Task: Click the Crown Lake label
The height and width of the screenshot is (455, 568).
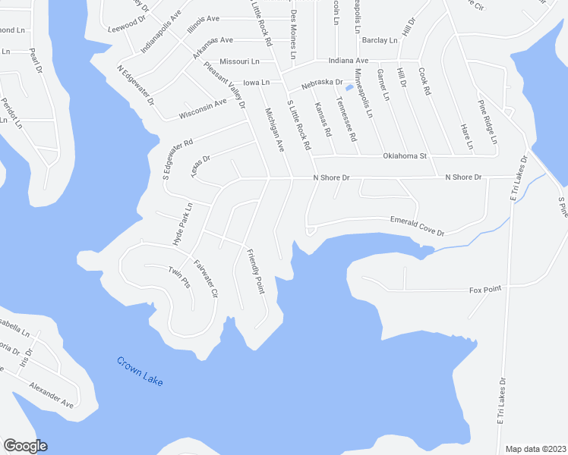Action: (140, 372)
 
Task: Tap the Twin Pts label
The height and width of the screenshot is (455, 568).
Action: (178, 278)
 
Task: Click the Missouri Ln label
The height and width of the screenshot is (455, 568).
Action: (239, 61)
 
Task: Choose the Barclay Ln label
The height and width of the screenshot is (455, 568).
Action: (380, 39)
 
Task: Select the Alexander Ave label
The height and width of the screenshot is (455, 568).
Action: (51, 394)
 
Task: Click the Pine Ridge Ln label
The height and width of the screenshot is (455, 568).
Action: (487, 122)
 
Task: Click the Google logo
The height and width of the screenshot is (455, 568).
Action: (25, 446)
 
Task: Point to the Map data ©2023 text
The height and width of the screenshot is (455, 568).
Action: (535, 448)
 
